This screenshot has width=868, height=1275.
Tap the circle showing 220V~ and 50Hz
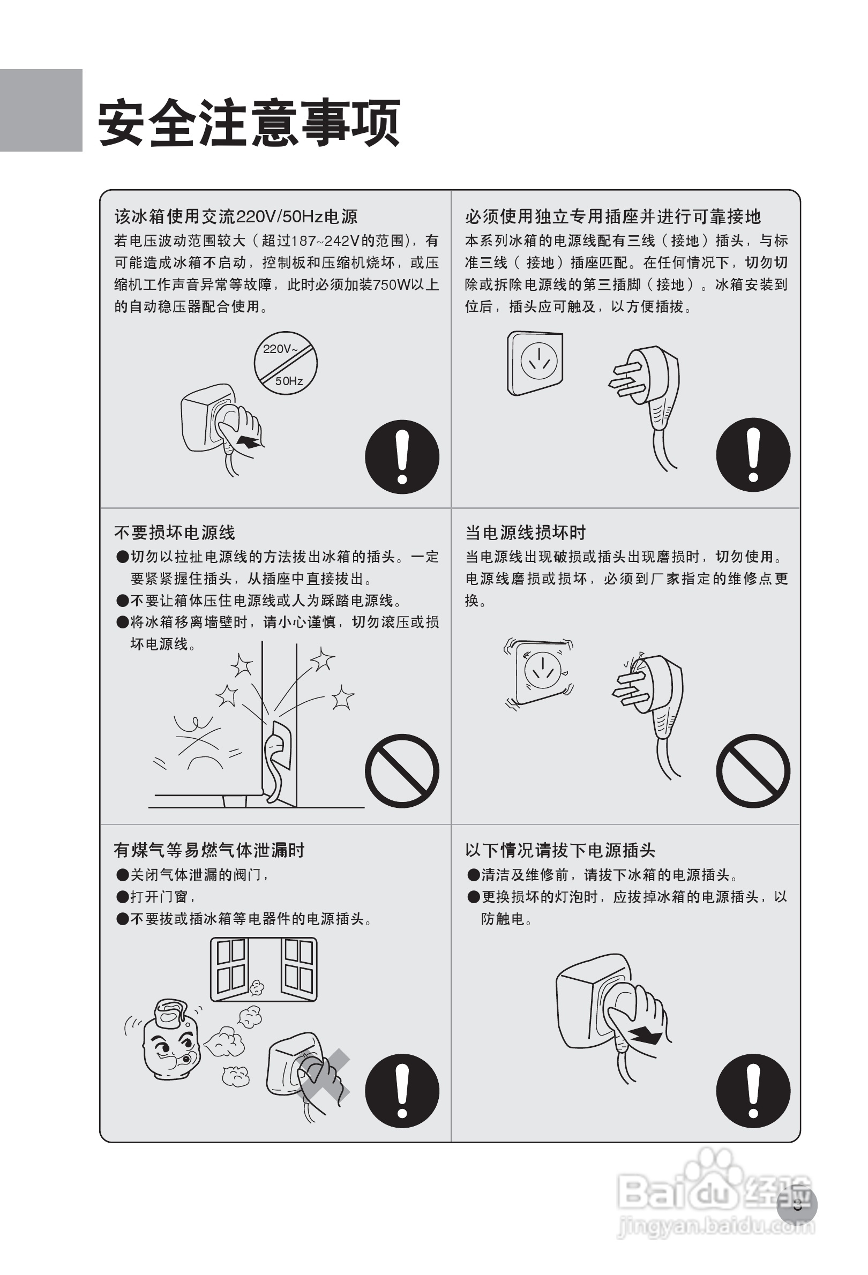coord(285,363)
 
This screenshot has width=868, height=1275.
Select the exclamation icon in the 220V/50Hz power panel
coord(402,456)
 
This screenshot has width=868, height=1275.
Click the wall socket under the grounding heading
coord(535,363)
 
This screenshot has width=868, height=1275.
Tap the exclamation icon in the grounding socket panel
coord(753,455)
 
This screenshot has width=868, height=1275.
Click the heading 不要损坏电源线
coord(175,532)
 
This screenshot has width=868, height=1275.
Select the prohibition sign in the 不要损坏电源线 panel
coord(402,770)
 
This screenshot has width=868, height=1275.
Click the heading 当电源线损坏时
coord(525,532)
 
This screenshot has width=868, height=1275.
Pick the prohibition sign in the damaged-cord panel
coord(753,770)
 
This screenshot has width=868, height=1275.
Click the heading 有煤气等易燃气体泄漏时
coord(209,850)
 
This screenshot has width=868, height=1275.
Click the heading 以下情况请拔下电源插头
coord(560,850)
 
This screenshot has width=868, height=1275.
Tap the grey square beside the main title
coord(41,110)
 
